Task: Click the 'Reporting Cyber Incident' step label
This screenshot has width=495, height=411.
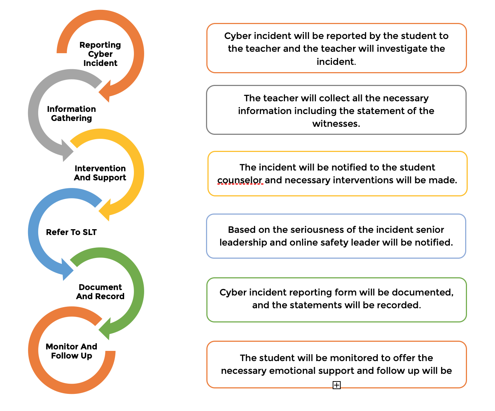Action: coord(100,54)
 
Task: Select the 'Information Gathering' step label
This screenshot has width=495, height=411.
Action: coord(71,114)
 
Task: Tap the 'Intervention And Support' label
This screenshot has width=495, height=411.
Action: coord(100,173)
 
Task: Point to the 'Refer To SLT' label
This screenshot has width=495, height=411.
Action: coord(71,232)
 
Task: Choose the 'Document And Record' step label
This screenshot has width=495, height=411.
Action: coord(100,292)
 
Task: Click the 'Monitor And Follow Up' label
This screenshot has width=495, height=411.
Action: coord(71,351)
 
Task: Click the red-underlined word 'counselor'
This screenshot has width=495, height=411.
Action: coord(240,180)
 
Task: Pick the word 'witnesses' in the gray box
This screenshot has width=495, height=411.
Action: coord(336,124)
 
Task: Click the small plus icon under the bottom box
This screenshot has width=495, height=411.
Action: coord(337,385)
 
